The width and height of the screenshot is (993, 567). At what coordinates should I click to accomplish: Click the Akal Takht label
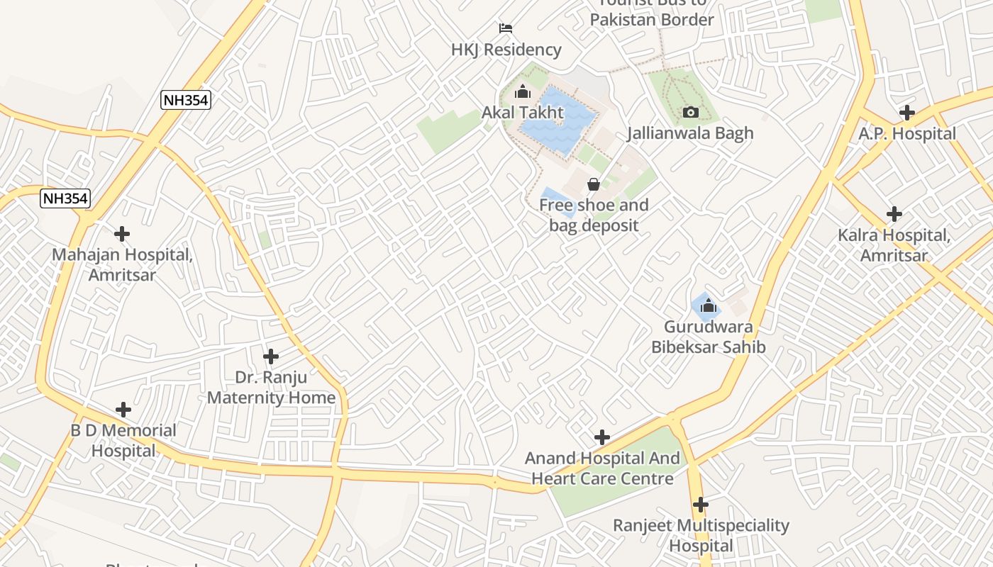[523, 112]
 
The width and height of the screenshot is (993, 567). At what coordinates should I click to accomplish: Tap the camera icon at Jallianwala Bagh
[690, 112]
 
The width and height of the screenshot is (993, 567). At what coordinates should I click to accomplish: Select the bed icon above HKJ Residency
[506, 28]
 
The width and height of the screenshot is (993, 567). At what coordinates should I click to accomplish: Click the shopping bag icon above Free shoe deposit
[594, 184]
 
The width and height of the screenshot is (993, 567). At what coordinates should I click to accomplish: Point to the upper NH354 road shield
[186, 100]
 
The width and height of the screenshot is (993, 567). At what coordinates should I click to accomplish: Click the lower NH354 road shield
[65, 198]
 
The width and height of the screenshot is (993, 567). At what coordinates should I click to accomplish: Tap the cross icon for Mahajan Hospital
[122, 233]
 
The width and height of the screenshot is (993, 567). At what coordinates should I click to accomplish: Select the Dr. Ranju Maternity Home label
[271, 387]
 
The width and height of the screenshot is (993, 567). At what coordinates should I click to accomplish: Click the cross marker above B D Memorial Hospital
[123, 410]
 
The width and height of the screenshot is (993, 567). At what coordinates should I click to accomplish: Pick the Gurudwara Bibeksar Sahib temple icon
[707, 306]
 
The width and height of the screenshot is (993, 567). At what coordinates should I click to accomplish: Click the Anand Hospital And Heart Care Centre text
[602, 468]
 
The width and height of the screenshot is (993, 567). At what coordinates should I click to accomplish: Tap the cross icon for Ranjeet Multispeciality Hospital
[701, 505]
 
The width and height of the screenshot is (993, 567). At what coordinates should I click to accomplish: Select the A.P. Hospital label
[907, 133]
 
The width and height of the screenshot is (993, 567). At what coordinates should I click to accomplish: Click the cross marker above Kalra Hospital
[894, 213]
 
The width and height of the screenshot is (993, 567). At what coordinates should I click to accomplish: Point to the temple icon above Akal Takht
[523, 91]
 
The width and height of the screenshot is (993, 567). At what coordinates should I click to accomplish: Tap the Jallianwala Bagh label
[690, 133]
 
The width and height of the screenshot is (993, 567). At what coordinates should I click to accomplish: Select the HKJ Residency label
[506, 50]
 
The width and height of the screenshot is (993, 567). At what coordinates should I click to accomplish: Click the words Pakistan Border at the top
[652, 19]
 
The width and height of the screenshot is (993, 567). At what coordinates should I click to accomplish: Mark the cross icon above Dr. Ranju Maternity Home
[271, 356]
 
